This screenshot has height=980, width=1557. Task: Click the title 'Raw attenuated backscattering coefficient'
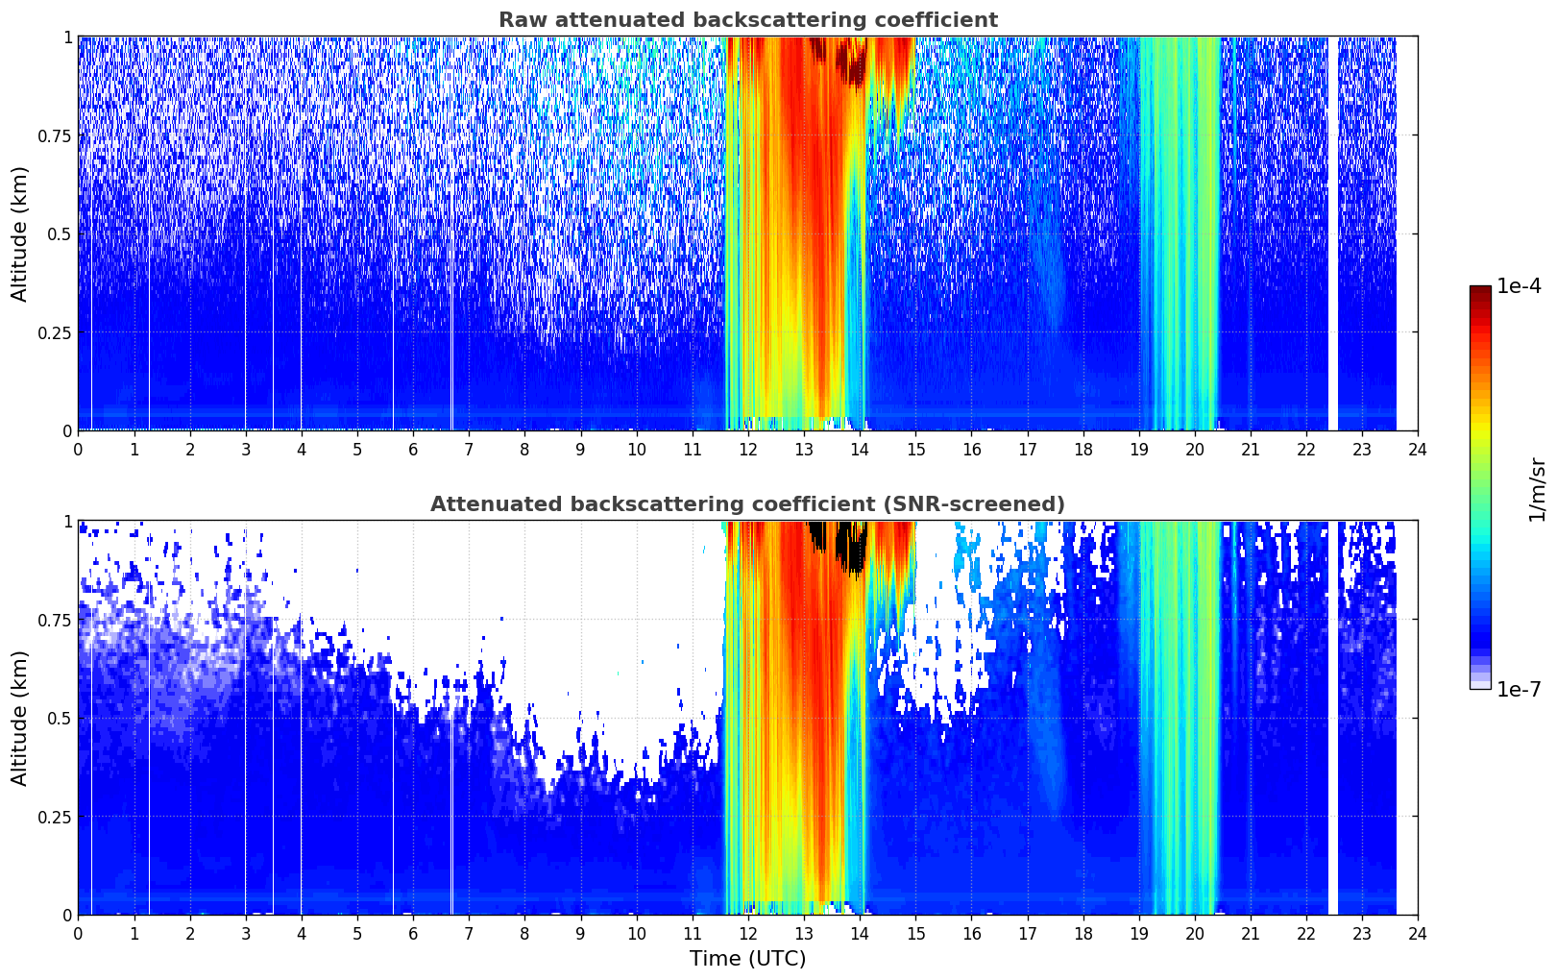pyautogui.click(x=747, y=20)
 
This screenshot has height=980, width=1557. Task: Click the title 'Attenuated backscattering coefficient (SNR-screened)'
pyautogui.click(x=747, y=504)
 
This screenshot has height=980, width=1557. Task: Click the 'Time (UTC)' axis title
pyautogui.click(x=747, y=959)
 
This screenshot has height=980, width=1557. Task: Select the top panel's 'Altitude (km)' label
pyautogui.click(x=20, y=233)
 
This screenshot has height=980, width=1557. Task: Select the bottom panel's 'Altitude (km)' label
pyautogui.click(x=20, y=718)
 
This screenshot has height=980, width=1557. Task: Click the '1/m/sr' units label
pyautogui.click(x=1537, y=490)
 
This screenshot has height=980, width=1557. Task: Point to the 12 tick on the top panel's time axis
pyautogui.click(x=748, y=449)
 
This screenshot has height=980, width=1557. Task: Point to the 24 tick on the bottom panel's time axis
pyautogui.click(x=1418, y=933)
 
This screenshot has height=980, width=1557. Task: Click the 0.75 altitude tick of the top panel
pyautogui.click(x=54, y=135)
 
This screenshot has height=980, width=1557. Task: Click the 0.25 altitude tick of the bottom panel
pyautogui.click(x=54, y=817)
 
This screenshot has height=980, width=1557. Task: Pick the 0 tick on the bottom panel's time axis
pyautogui.click(x=79, y=933)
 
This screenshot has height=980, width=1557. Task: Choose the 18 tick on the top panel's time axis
pyautogui.click(x=1083, y=449)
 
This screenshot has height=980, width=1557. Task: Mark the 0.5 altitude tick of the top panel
pyautogui.click(x=60, y=233)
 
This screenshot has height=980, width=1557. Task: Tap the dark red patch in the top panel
pyautogui.click(x=851, y=62)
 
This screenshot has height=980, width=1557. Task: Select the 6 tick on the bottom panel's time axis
pyautogui.click(x=413, y=933)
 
